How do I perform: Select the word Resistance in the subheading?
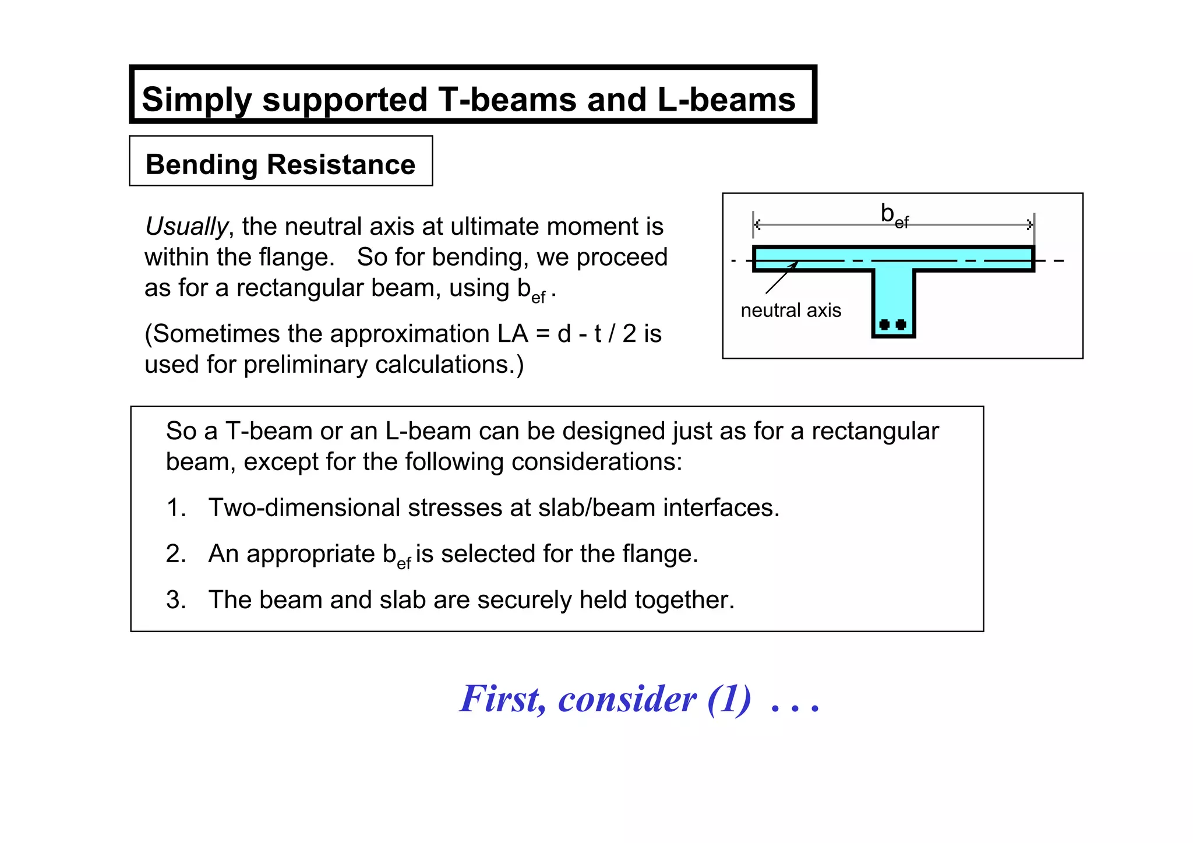pyautogui.click(x=341, y=164)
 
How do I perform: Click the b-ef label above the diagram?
pyautogui.click(x=894, y=216)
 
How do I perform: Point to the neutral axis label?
pyautogui.click(x=790, y=311)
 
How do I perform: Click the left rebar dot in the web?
pyautogui.click(x=884, y=324)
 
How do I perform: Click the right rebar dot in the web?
pyautogui.click(x=901, y=324)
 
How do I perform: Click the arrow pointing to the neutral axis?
pyautogui.click(x=781, y=278)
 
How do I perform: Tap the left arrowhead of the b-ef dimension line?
pyautogui.click(x=757, y=224)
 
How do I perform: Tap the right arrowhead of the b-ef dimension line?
pyautogui.click(x=1030, y=224)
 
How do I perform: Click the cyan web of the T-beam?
pyautogui.click(x=894, y=297)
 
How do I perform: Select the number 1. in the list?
pyautogui.click(x=176, y=508)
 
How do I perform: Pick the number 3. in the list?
pyautogui.click(x=176, y=600)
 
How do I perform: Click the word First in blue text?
pyautogui.click(x=502, y=699)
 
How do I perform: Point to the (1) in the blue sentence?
pyautogui.click(x=729, y=699)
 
